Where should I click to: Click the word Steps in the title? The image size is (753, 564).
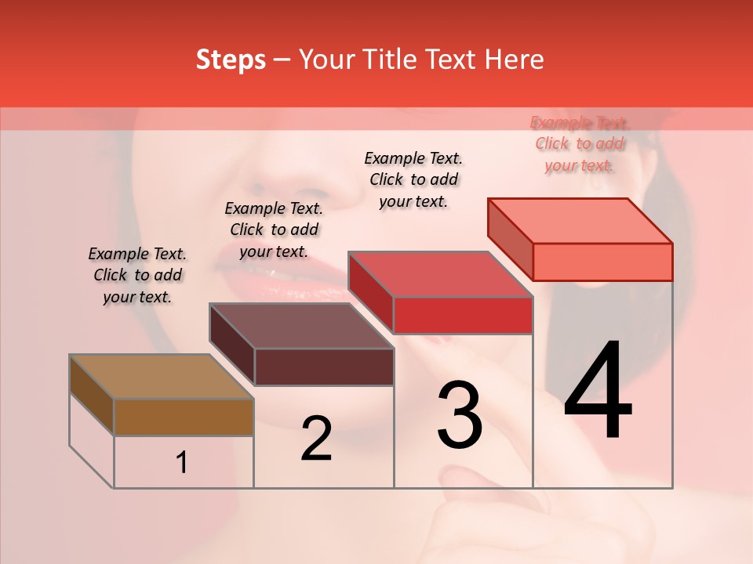pos(230,60)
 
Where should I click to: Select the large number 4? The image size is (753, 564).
pos(598,391)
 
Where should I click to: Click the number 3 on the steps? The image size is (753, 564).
pos(459,414)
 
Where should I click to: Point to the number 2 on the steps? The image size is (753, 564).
pos(316,439)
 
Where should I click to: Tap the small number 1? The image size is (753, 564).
pos(182,463)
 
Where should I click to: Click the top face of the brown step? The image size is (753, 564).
pos(161,377)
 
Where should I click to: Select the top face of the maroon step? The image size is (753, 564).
pos(300,326)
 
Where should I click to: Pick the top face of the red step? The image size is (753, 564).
pos(440,274)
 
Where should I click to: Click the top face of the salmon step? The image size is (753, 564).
pos(580,220)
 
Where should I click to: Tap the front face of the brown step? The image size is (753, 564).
pos(184,417)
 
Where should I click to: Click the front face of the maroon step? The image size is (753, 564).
pos(323,367)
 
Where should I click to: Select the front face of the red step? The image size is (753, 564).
pos(463,315)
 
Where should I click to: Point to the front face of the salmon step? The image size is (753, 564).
pos(602,262)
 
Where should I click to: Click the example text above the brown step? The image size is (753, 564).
pos(137,275)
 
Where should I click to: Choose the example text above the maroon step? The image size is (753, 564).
pos(274,230)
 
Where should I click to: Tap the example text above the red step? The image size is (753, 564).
pos(413,179)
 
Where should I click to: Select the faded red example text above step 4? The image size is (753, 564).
pos(579,143)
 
